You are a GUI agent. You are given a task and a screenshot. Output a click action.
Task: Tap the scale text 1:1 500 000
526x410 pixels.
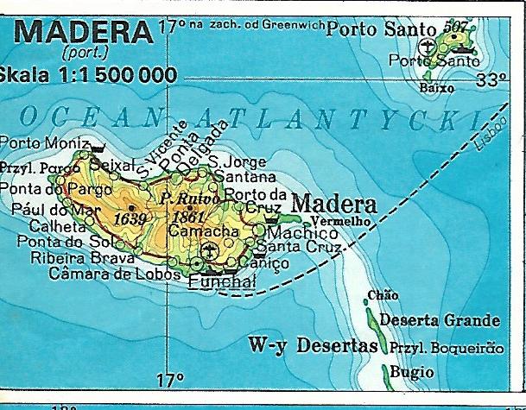[x=108, y=75]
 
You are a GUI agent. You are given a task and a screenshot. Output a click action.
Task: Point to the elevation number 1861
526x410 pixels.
[x=187, y=217]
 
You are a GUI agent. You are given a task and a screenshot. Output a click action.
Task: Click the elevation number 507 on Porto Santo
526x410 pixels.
[x=453, y=28]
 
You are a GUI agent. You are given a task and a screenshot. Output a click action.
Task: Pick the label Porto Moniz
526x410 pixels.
[x=45, y=142]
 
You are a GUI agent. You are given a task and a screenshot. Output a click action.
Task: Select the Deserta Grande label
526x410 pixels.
[x=440, y=321]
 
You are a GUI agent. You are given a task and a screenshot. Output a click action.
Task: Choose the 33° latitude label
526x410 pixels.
[x=491, y=81]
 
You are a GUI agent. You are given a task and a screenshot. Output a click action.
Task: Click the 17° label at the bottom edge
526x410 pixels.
[x=170, y=379]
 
